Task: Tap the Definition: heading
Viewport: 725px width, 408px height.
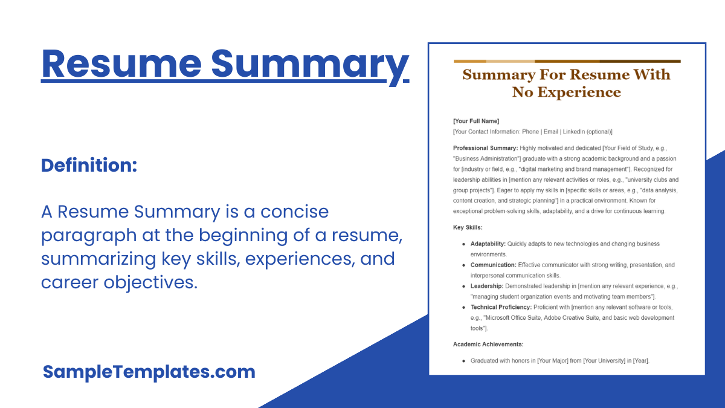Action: pyautogui.click(x=89, y=165)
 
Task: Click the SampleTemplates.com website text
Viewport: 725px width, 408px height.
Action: pyautogui.click(x=149, y=372)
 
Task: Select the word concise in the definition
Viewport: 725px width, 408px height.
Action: pyautogui.click(x=295, y=212)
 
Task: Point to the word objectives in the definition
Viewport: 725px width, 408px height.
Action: pyautogui.click(x=150, y=282)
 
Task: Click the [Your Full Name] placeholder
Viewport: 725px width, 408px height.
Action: pyautogui.click(x=476, y=121)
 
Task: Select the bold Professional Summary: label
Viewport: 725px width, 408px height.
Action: pyautogui.click(x=486, y=148)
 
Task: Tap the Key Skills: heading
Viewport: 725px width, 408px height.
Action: pyautogui.click(x=468, y=227)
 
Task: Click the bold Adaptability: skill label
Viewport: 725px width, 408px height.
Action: pyautogui.click(x=488, y=244)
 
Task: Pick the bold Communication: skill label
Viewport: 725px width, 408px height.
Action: pyautogui.click(x=493, y=265)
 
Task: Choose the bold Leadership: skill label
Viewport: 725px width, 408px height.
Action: pyautogui.click(x=487, y=287)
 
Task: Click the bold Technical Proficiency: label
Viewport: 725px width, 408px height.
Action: pyautogui.click(x=501, y=307)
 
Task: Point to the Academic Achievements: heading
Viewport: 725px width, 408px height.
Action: pyautogui.click(x=488, y=344)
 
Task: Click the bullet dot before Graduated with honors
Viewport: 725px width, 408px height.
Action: pyautogui.click(x=464, y=361)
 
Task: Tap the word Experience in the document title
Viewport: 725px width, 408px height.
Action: pyautogui.click(x=579, y=92)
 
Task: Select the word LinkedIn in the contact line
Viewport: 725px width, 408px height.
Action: pyautogui.click(x=574, y=132)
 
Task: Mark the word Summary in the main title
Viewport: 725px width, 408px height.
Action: pyautogui.click(x=310, y=66)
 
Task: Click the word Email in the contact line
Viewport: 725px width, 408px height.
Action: pyautogui.click(x=551, y=132)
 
